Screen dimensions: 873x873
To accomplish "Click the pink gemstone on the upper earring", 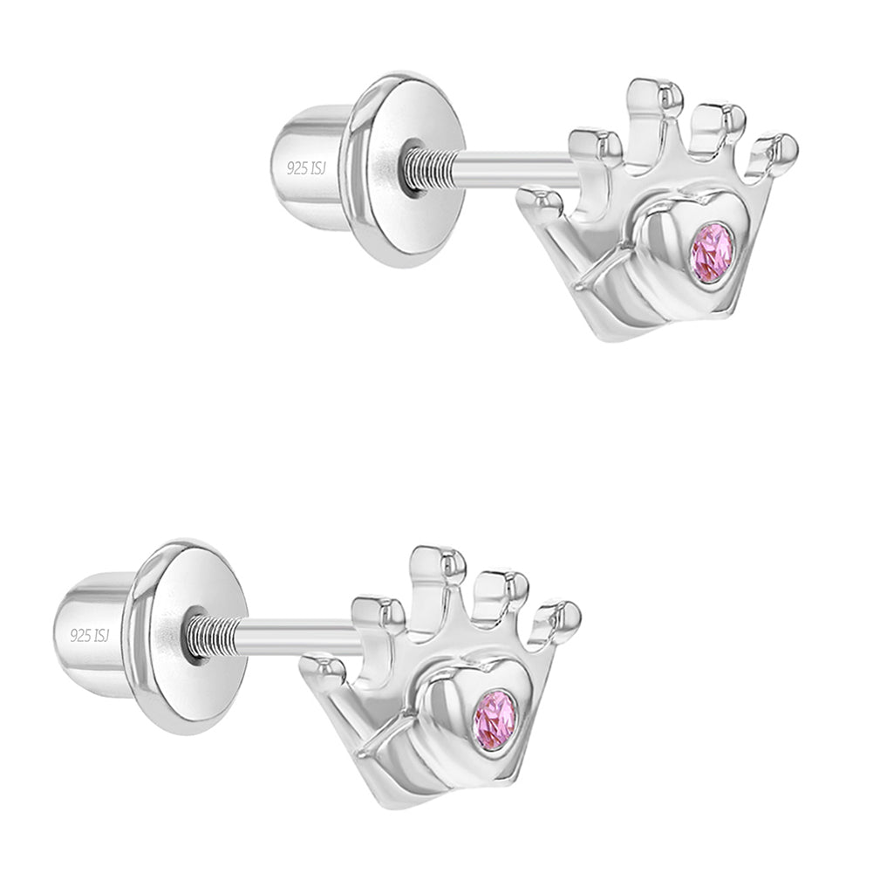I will (x=713, y=253).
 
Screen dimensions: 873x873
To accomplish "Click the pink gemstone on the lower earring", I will (x=494, y=720).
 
